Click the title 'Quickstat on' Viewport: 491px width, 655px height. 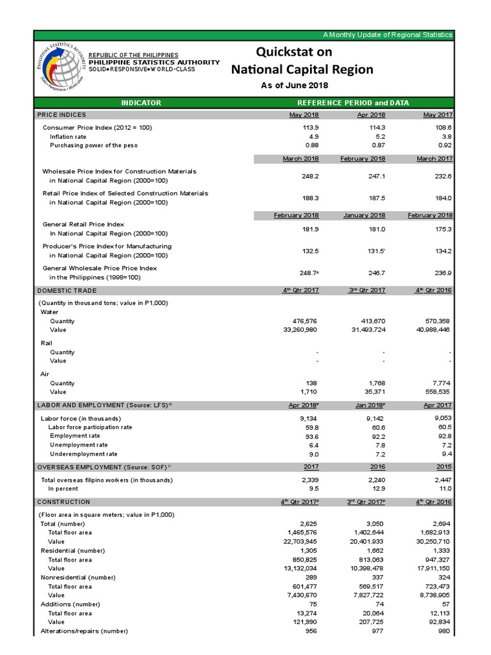click(x=302, y=51)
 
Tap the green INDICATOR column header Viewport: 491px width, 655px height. click(x=141, y=102)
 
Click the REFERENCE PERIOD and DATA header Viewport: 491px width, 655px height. click(x=354, y=102)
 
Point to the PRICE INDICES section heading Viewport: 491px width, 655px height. click(x=61, y=114)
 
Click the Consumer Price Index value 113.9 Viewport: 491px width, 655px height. click(x=309, y=127)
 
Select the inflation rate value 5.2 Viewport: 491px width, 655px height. click(x=378, y=136)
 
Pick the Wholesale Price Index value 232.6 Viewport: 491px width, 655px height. click(x=442, y=175)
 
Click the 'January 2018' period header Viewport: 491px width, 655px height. click(x=364, y=216)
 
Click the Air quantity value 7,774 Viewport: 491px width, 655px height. click(x=441, y=383)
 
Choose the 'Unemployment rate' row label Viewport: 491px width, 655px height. click(x=79, y=445)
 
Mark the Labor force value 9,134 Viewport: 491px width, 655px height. click(x=308, y=418)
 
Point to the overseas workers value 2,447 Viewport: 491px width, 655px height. click(x=441, y=480)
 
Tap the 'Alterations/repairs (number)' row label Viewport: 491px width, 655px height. click(x=84, y=631)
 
